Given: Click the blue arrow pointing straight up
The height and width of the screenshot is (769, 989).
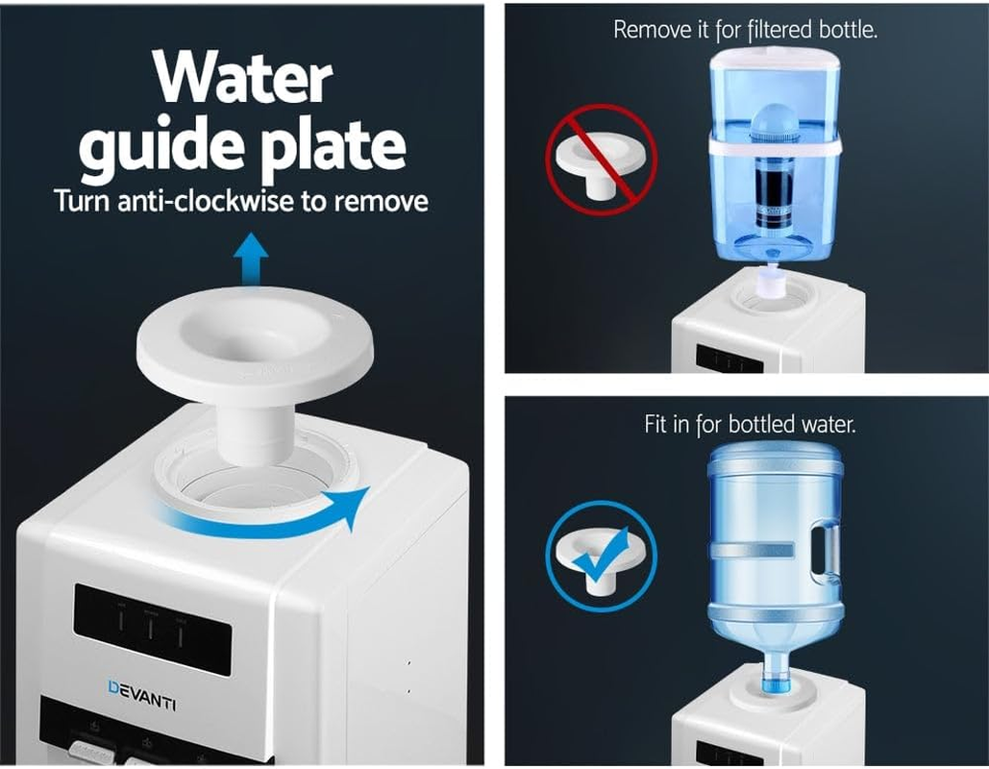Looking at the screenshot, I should [x=252, y=261].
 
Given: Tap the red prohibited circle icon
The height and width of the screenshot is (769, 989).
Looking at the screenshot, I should [x=602, y=159].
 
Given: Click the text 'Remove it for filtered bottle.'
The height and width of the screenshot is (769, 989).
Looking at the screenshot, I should [x=745, y=29].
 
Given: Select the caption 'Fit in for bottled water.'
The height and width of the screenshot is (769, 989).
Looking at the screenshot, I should [x=749, y=423].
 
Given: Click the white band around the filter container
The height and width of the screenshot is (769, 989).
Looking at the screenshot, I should [x=774, y=146].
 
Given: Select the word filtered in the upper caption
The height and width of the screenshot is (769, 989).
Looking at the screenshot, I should [x=781, y=29].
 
